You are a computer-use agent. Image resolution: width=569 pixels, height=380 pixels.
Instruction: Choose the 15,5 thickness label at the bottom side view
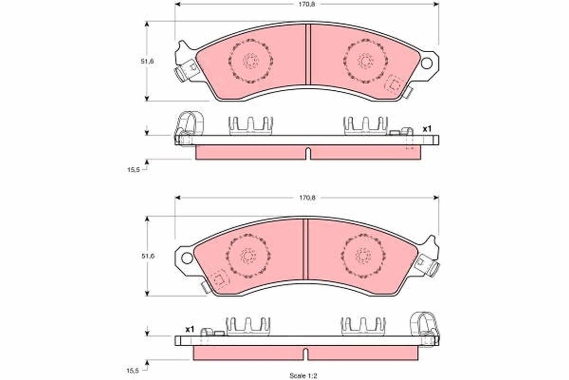tap(133, 370)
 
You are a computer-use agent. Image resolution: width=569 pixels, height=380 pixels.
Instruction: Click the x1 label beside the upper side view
tap(427, 129)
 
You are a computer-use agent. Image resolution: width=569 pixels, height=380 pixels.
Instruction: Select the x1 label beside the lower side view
tap(190, 329)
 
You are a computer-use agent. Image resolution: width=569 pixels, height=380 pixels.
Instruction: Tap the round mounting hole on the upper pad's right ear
tap(428, 63)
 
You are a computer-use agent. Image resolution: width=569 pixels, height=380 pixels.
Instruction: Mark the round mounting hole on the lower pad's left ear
tap(187, 258)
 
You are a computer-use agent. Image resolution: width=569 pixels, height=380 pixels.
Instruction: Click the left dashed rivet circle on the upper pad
tap(250, 61)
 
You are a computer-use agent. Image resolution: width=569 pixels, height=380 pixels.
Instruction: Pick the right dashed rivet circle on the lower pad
tap(363, 256)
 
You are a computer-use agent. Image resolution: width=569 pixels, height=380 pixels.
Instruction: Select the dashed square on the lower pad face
tap(219, 278)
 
